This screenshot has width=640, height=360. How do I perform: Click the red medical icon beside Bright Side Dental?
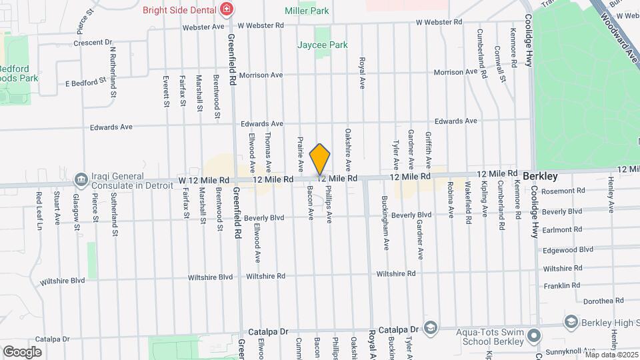coord(227,9)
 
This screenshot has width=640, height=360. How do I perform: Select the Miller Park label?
coord(307,11)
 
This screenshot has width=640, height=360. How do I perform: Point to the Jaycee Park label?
coord(323,45)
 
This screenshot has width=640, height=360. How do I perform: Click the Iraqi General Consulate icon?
coord(81,179)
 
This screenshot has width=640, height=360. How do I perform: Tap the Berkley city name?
coord(540,176)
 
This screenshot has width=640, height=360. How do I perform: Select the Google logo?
coord(22,351)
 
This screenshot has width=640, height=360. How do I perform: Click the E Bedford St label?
coord(85,83)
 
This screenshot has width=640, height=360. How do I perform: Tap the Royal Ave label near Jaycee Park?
coord(363,74)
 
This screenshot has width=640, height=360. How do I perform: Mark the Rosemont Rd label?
coord(563,191)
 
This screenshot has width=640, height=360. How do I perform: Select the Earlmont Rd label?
coord(563,230)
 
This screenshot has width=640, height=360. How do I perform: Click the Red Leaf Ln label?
coord(39,211)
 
